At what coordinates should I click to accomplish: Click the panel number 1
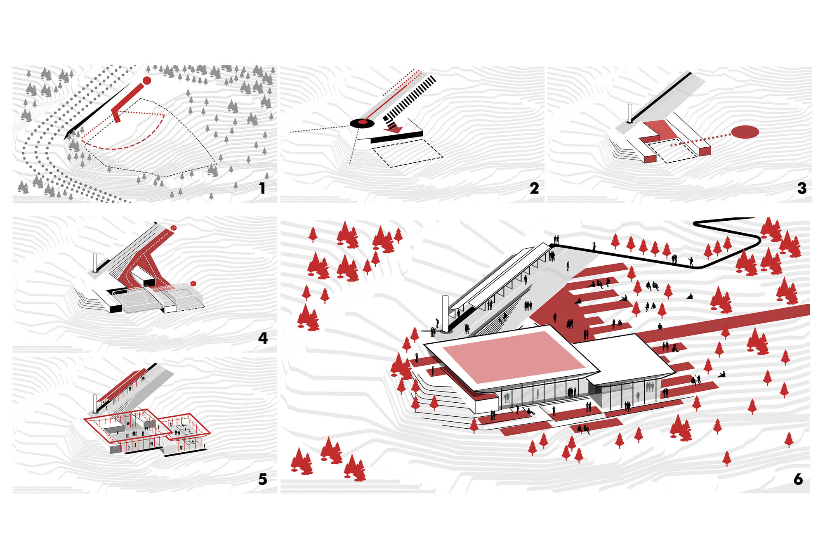262,189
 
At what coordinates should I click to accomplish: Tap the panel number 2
534,189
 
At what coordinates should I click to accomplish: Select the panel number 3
801,189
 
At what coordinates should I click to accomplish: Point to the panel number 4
263,338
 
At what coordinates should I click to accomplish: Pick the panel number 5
263,479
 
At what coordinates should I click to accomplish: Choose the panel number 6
798,479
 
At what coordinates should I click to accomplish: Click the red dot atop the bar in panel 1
146,80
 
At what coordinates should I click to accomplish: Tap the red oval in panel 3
745,132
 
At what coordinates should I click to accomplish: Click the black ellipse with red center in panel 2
362,123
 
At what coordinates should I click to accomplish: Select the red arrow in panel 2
394,128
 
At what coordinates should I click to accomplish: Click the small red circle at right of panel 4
193,283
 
